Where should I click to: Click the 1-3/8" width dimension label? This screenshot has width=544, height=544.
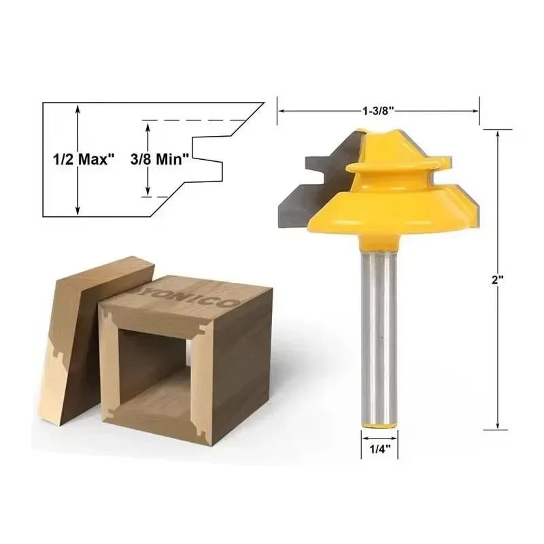[377, 109]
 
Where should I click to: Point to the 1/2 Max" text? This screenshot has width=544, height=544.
[83, 159]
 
